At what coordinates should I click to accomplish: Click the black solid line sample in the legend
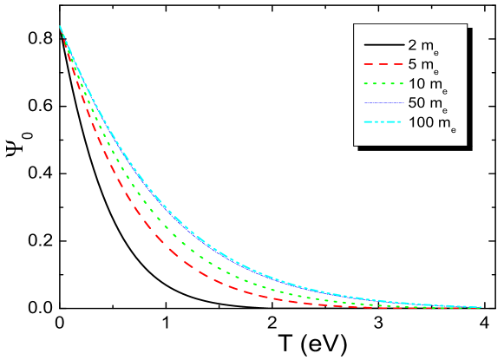382,43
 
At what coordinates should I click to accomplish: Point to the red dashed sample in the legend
382,63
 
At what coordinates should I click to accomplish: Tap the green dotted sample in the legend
382,83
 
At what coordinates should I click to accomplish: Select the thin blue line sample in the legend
382,103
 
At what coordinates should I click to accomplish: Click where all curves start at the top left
60,27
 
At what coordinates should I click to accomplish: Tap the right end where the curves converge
480,307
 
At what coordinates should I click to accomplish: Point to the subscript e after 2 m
435,49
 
